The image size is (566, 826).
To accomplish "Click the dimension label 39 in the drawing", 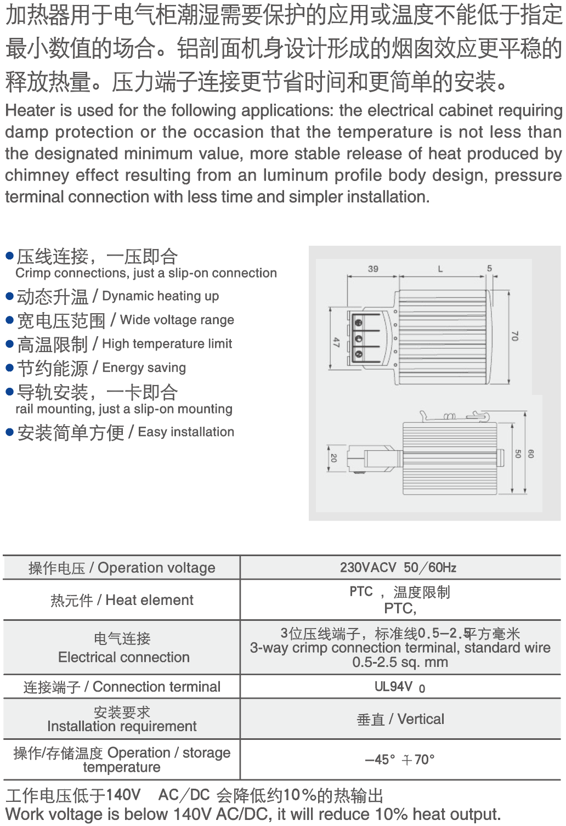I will click(373, 269).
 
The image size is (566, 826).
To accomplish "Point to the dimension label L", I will click(440, 269).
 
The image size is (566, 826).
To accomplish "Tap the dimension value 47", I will click(336, 342).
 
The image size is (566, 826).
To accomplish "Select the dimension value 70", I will click(514, 336).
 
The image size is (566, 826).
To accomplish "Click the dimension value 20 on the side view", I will click(333, 458).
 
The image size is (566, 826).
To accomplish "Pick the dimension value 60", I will click(530, 454).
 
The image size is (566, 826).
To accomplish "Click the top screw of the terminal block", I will click(359, 323).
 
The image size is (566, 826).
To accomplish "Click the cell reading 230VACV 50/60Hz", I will click(398, 568).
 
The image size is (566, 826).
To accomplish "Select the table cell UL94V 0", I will click(399, 687).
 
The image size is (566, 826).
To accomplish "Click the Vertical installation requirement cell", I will click(400, 719).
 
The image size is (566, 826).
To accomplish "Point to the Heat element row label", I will click(122, 600).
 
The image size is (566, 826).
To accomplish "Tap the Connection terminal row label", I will click(122, 687).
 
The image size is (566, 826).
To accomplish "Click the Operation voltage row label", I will click(122, 568).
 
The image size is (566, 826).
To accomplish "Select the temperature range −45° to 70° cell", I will click(399, 760).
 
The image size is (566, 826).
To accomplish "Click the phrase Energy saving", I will click(144, 367).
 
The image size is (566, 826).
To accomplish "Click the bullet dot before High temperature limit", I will click(9, 344).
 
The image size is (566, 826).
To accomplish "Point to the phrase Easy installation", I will click(186, 432).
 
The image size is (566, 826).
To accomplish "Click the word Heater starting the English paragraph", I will click(30, 111).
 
